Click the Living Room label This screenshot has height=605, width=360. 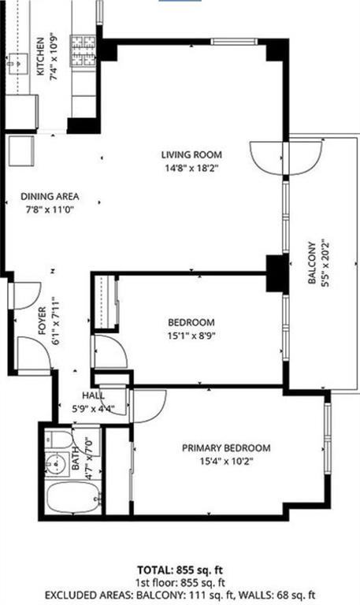pos(191,154)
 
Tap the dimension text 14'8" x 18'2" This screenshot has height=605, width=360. pos(191,167)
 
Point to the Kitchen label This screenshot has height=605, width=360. pos(41,55)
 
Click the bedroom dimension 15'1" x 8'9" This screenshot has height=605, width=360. pos(191,335)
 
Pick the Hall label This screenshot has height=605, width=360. pos(93,396)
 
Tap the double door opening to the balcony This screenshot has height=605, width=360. pos(286,156)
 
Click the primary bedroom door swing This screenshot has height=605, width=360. pos(147,405)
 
